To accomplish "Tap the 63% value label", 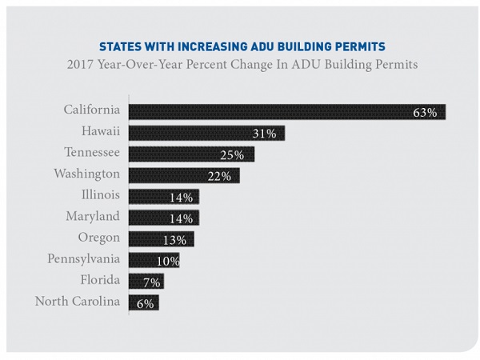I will pos(425,113).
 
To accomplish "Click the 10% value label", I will pos(167,260).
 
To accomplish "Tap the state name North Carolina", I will pos(78,301).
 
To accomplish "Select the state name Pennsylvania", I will pos(84,258).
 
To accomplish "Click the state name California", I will pos(91,110).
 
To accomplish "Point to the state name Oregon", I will pos(99,238).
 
